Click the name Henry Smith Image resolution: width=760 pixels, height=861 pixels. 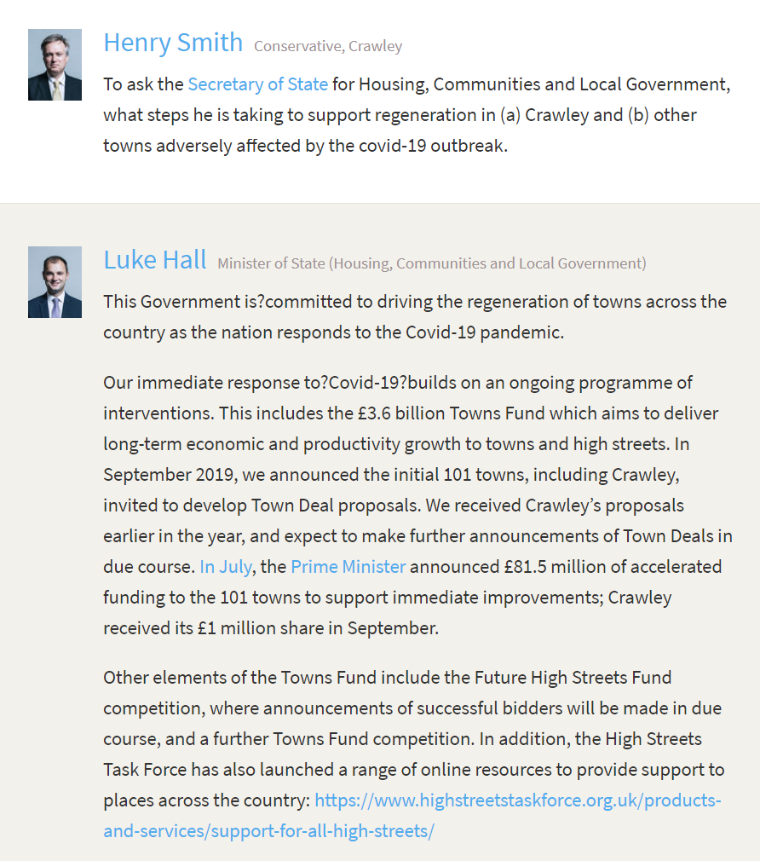[173, 42]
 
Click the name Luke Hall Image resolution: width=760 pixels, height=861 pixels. [154, 259]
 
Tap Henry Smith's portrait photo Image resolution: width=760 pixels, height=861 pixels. [55, 65]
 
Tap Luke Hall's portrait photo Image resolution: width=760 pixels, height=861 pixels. [55, 282]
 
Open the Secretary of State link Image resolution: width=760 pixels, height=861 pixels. [257, 84]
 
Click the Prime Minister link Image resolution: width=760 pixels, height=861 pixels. [348, 566]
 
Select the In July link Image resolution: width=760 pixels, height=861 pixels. [225, 566]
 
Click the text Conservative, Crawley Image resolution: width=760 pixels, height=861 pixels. [328, 46]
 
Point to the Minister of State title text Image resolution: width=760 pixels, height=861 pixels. [431, 263]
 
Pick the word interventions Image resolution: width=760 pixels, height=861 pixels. [157, 413]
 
